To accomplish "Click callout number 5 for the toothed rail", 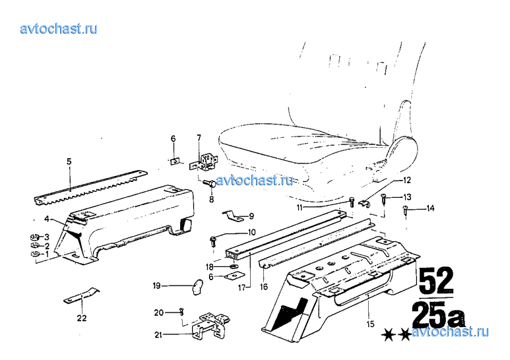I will click(69, 160).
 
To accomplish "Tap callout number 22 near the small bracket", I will click(82, 318).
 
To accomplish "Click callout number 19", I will click(157, 285).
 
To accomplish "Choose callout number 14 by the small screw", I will click(430, 208).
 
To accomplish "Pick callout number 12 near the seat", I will click(407, 180).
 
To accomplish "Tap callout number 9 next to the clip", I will click(251, 216).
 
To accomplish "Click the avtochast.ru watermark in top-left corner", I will click(59, 28).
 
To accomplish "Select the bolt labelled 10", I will click(214, 240).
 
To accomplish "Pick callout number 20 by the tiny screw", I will click(158, 312).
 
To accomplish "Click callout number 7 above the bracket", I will click(198, 137).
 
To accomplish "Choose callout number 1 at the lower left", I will click(47, 254).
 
